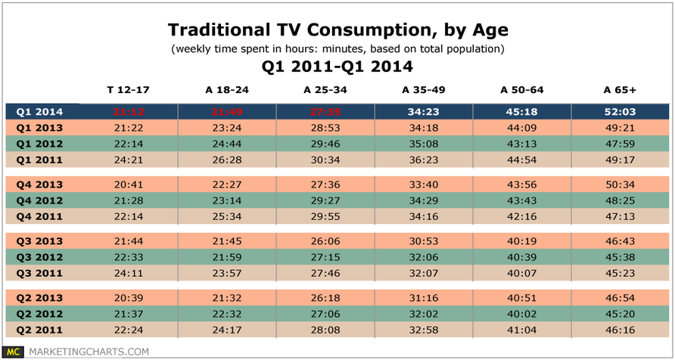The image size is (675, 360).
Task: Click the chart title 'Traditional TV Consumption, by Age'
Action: click(x=337, y=30)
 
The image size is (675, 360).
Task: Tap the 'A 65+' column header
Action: click(x=621, y=90)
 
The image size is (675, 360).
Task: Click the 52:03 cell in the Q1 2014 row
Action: click(x=621, y=111)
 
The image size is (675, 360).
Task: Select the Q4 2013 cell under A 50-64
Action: click(x=522, y=184)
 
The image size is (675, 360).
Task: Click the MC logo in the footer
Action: click(x=13, y=351)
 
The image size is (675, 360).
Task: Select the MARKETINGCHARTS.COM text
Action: click(x=88, y=351)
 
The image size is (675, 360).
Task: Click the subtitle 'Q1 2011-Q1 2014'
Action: click(x=337, y=66)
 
